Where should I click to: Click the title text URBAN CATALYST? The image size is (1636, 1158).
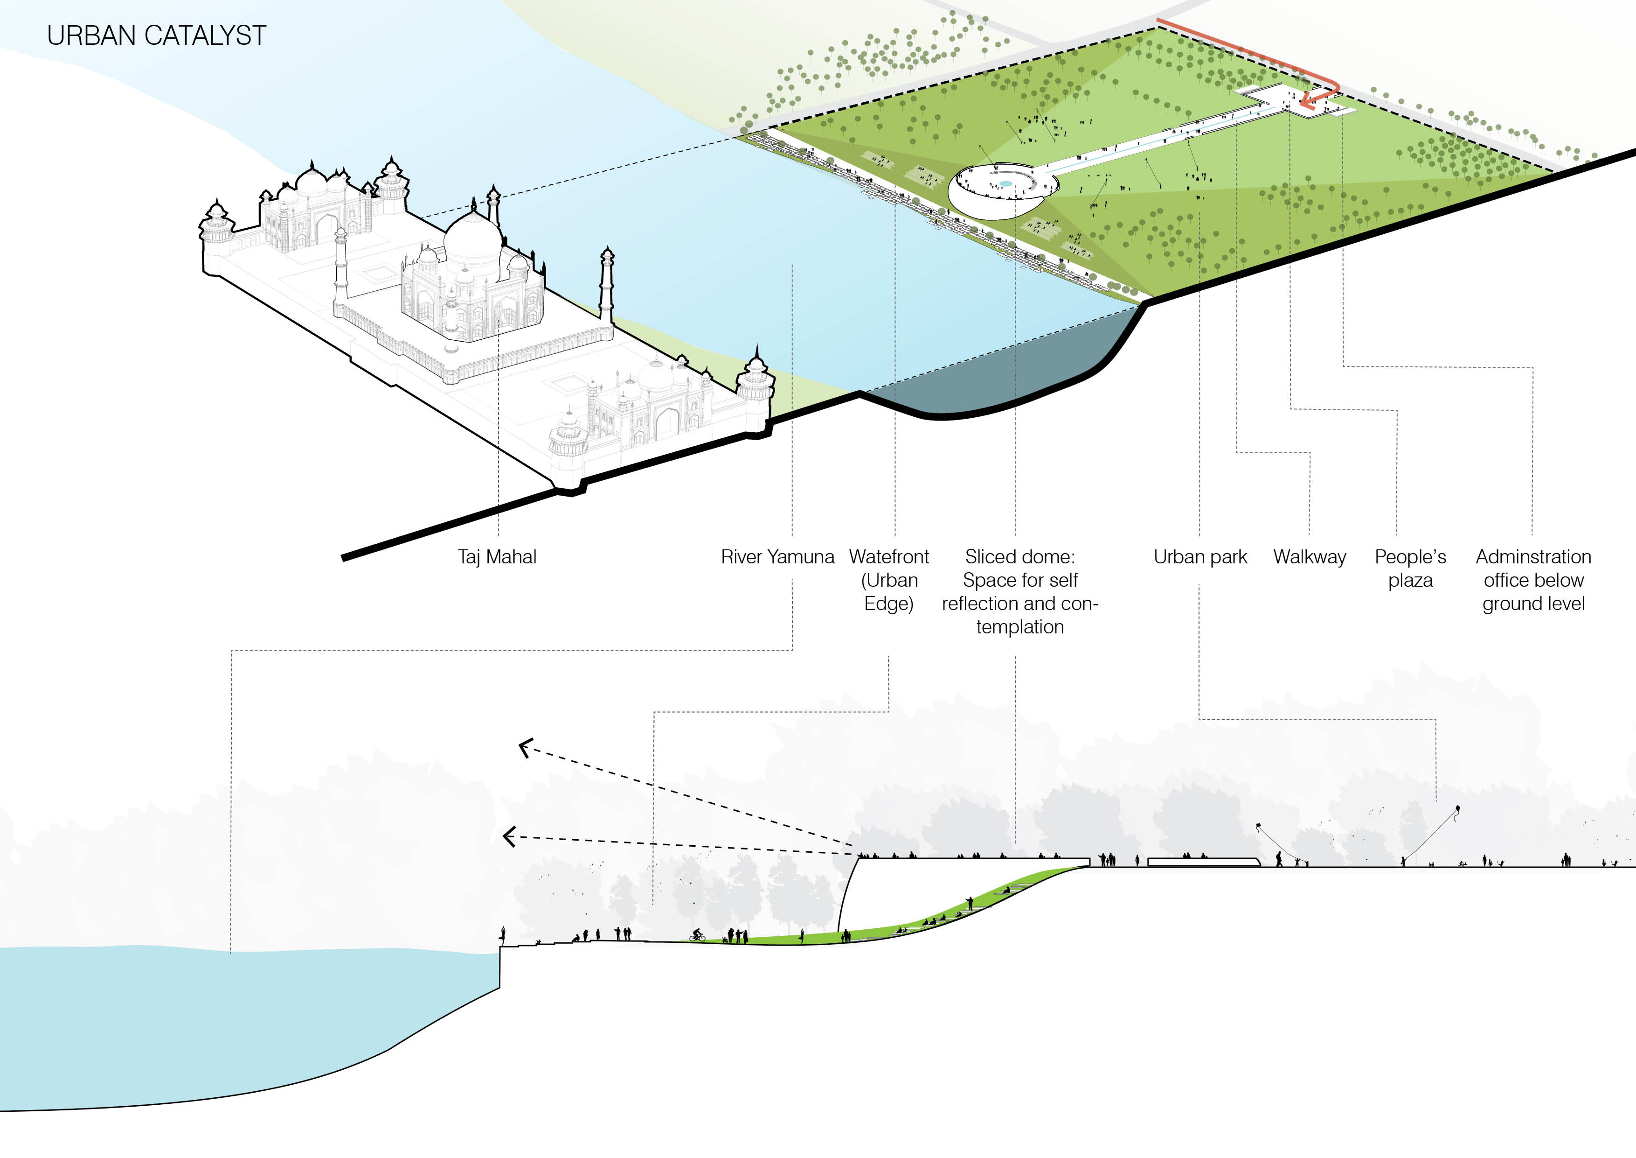click(x=156, y=35)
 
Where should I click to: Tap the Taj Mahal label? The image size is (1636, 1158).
click(x=497, y=557)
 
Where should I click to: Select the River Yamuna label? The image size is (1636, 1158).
click(x=777, y=557)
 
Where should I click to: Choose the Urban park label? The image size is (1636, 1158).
click(x=1200, y=557)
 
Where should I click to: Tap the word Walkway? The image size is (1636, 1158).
click(x=1310, y=557)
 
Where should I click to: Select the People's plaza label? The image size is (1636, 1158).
click(x=1410, y=568)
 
